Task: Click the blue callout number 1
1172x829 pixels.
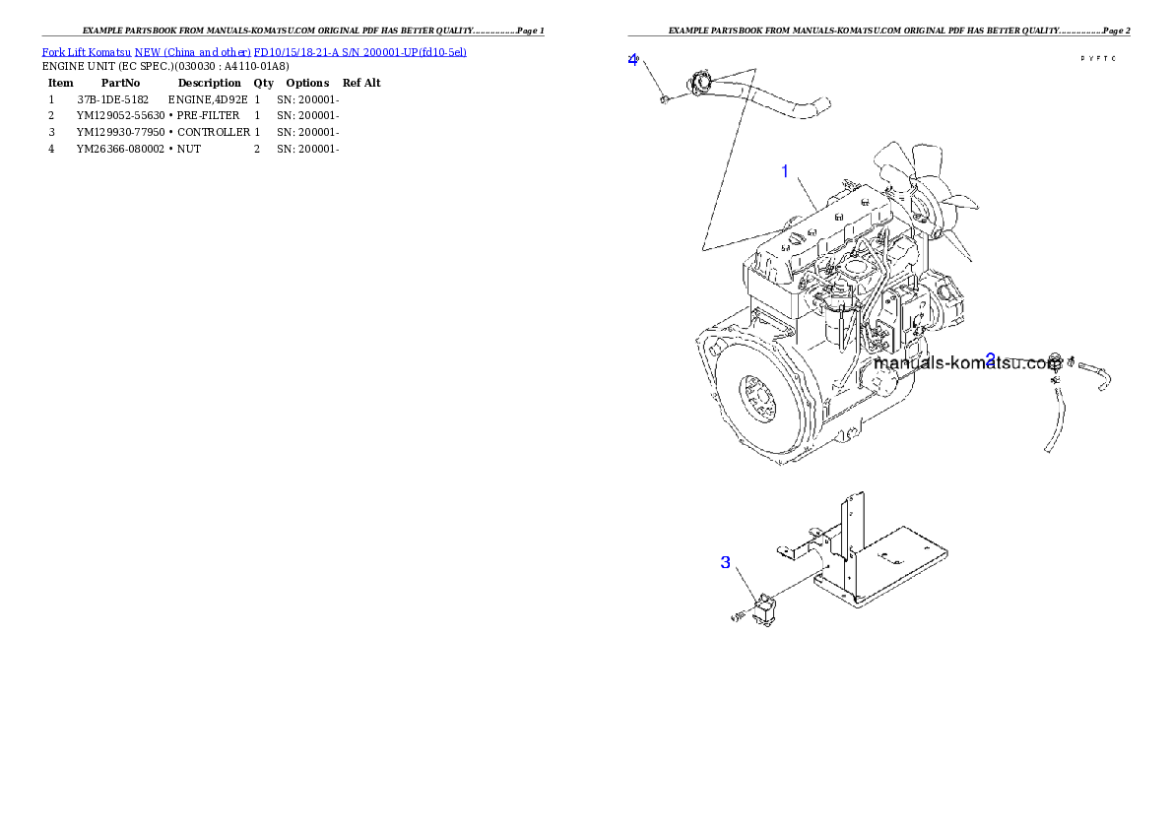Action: [x=785, y=171]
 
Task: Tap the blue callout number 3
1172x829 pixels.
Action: [x=726, y=562]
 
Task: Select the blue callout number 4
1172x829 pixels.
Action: [x=633, y=59]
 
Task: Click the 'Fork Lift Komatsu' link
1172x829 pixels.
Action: [x=86, y=51]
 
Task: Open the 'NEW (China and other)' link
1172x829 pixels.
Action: [x=192, y=51]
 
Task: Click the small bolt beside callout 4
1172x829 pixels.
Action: [x=666, y=96]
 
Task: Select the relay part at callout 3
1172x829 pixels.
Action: [x=765, y=609]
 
